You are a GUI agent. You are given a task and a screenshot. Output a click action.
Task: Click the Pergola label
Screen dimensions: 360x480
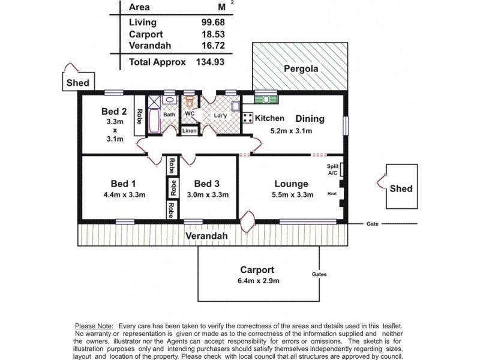point(300,68)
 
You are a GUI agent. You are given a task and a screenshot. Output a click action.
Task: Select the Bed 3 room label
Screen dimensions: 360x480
point(206,184)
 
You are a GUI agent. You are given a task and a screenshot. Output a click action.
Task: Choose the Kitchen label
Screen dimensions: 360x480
point(269,118)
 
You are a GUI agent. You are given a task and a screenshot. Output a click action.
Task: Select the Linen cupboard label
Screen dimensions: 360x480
point(189,130)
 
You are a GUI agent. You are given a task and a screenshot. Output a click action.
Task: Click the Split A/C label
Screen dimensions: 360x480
point(332,169)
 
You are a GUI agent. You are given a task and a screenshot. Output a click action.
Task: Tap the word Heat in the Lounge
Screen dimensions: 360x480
point(332,194)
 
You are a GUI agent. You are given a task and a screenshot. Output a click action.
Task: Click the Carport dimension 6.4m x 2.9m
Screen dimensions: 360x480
point(257,280)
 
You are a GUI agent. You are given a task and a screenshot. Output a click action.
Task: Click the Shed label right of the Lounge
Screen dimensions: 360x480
point(401,188)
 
